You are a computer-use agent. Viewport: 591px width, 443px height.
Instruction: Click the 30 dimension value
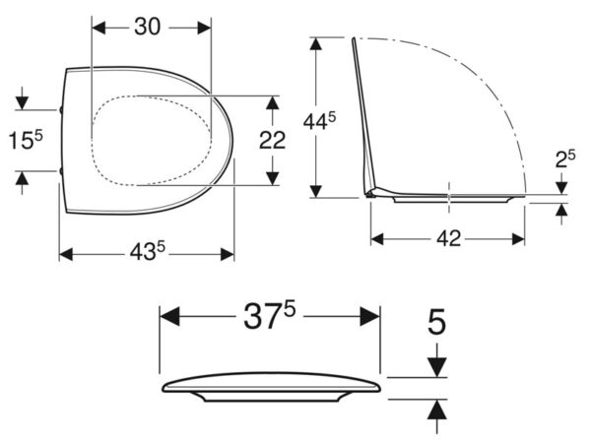(147, 27)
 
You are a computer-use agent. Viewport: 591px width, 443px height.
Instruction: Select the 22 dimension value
(272, 141)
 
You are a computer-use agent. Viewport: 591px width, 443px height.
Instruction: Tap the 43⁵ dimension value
(148, 251)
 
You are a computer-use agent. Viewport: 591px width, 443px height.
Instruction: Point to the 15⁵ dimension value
(26, 140)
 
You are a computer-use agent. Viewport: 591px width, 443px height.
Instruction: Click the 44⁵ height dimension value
(319, 121)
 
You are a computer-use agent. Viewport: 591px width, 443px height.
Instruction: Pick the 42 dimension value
(448, 238)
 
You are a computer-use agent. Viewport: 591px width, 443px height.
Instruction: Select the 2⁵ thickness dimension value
(565, 158)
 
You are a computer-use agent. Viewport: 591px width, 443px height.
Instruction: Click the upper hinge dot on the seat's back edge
(61, 110)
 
